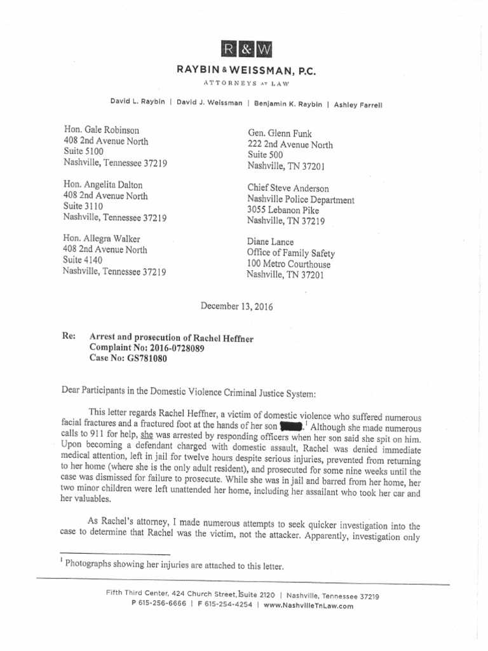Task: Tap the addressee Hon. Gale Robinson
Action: [x=101, y=129]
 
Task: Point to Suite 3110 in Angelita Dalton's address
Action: [x=83, y=206]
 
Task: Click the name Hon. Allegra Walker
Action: [x=102, y=238]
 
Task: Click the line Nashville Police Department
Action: [x=301, y=200]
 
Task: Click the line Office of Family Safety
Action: [x=290, y=254]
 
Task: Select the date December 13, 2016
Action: [x=237, y=306]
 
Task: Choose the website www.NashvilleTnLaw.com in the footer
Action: [x=308, y=606]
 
